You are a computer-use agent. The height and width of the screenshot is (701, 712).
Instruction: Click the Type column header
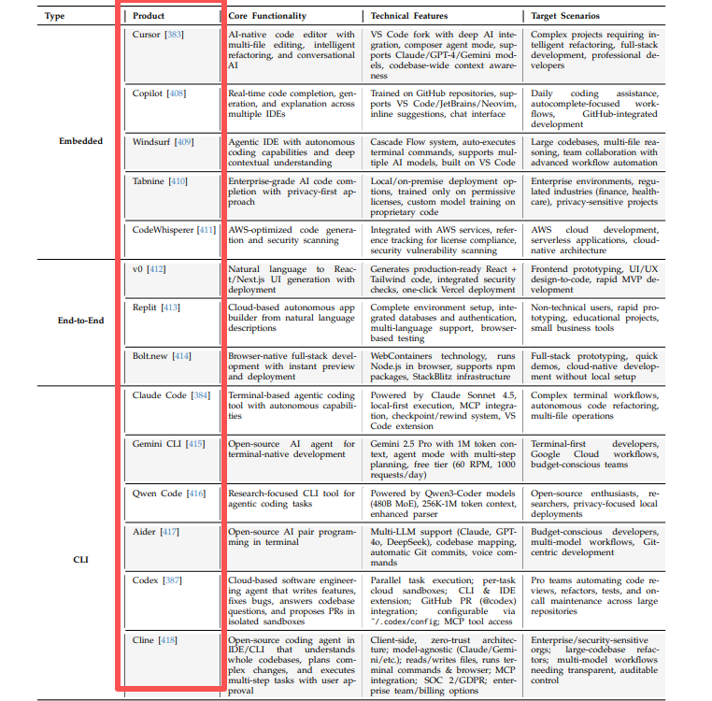click(56, 16)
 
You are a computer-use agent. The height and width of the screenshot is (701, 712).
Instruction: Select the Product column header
click(150, 16)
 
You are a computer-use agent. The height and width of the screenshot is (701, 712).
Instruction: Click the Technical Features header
click(409, 16)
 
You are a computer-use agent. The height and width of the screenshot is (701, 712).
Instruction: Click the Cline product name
click(145, 640)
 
